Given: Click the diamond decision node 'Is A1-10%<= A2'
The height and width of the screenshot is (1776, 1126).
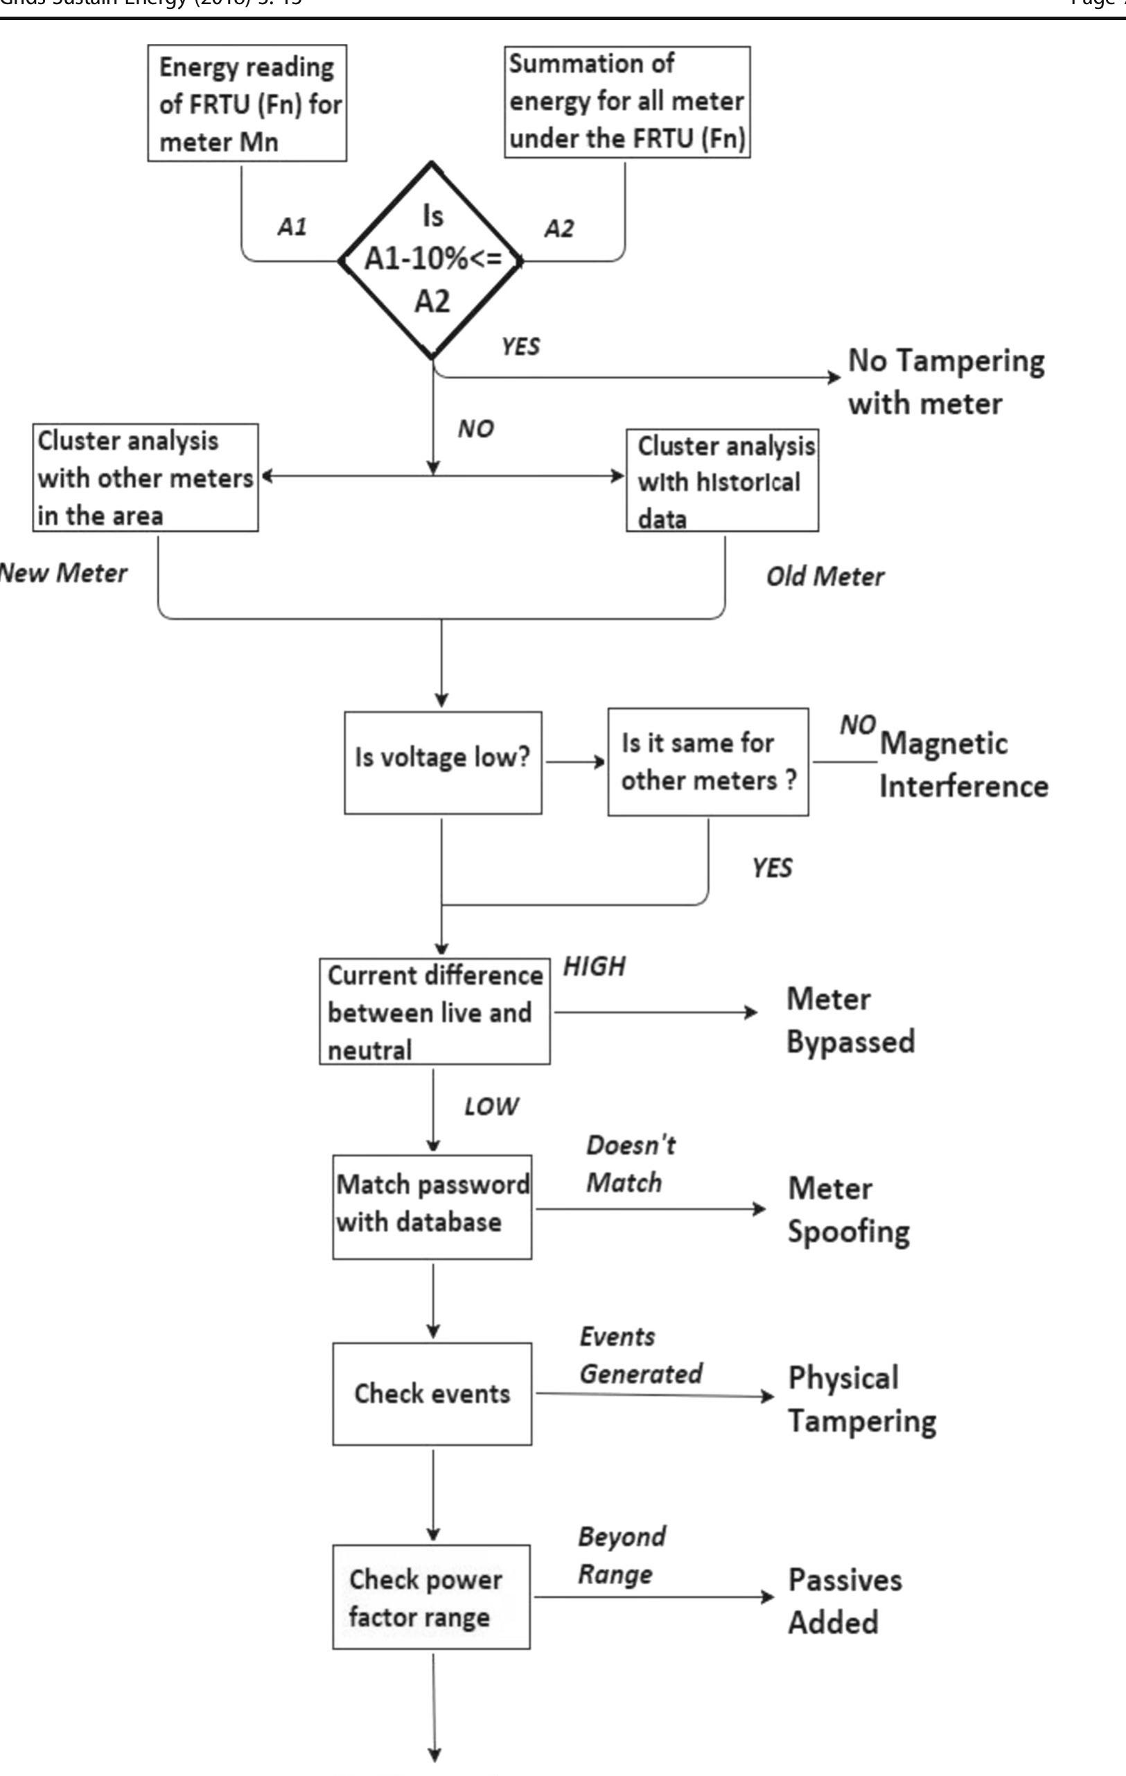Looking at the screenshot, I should [x=432, y=260].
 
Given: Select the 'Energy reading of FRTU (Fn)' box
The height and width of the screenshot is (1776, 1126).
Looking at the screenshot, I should [x=247, y=103].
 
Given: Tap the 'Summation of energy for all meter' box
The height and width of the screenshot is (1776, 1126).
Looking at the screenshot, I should [x=627, y=102].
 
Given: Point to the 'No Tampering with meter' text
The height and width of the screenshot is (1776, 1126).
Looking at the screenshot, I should [x=945, y=381].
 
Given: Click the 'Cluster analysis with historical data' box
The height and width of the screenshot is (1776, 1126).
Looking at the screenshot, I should [x=722, y=480].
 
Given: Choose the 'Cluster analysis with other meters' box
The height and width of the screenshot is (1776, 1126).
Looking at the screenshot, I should [x=146, y=477].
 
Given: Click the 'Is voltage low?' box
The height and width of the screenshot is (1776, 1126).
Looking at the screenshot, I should [x=443, y=762].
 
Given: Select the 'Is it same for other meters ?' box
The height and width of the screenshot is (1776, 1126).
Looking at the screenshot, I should [x=707, y=762].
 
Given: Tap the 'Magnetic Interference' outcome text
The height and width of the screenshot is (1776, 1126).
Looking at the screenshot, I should [x=962, y=764].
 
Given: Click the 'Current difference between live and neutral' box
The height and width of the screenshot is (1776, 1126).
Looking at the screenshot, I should [x=434, y=1011].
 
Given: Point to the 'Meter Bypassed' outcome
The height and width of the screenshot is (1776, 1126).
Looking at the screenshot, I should [x=850, y=1020].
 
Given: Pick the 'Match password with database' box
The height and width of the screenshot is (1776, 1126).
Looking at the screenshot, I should [x=432, y=1206].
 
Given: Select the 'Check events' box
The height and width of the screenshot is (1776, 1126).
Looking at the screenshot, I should [x=432, y=1393].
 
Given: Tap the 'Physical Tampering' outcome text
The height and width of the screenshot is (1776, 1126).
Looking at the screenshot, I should [x=861, y=1399].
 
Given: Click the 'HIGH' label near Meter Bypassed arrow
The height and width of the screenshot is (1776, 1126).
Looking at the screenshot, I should [x=595, y=966].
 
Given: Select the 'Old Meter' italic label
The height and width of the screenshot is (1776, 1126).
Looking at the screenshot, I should [x=825, y=576].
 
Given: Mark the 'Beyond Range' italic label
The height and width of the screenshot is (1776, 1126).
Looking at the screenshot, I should [x=621, y=1556].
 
